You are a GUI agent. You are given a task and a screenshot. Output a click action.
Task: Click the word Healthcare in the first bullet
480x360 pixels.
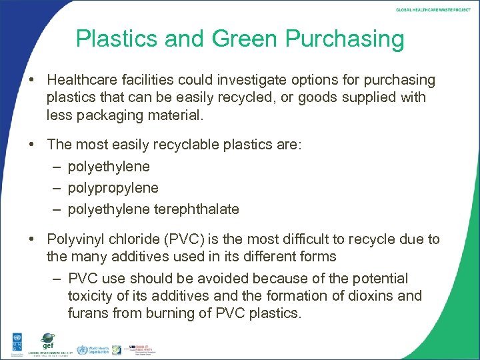[83, 81]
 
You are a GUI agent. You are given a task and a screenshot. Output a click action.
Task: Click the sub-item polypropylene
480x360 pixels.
[113, 188]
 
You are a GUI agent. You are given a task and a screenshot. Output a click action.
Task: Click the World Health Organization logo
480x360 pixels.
[93, 349]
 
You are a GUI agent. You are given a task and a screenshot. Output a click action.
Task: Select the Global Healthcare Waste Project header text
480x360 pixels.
[433, 9]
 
